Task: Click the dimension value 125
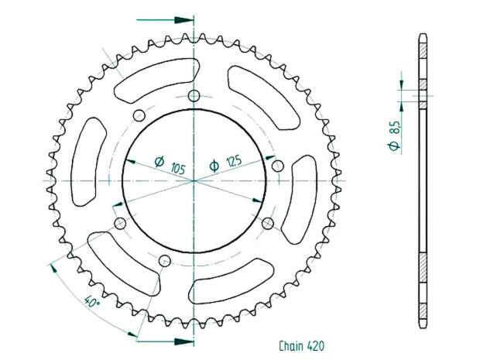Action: (231, 161)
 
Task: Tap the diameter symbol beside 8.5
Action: (395, 145)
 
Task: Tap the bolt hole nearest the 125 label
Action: (277, 164)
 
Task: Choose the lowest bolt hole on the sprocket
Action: (164, 261)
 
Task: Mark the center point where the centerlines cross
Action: (194, 180)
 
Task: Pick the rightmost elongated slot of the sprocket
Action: (298, 197)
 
